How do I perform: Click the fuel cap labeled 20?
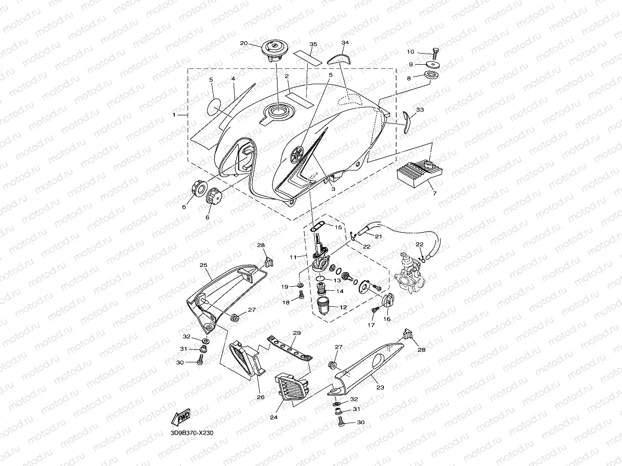[274, 50]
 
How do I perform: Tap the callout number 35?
[313, 44]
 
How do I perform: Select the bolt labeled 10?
[434, 52]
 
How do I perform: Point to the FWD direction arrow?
[181, 418]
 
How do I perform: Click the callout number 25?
[203, 265]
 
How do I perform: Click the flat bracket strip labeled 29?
[290, 346]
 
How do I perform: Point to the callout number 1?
[174, 115]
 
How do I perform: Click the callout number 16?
[387, 319]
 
